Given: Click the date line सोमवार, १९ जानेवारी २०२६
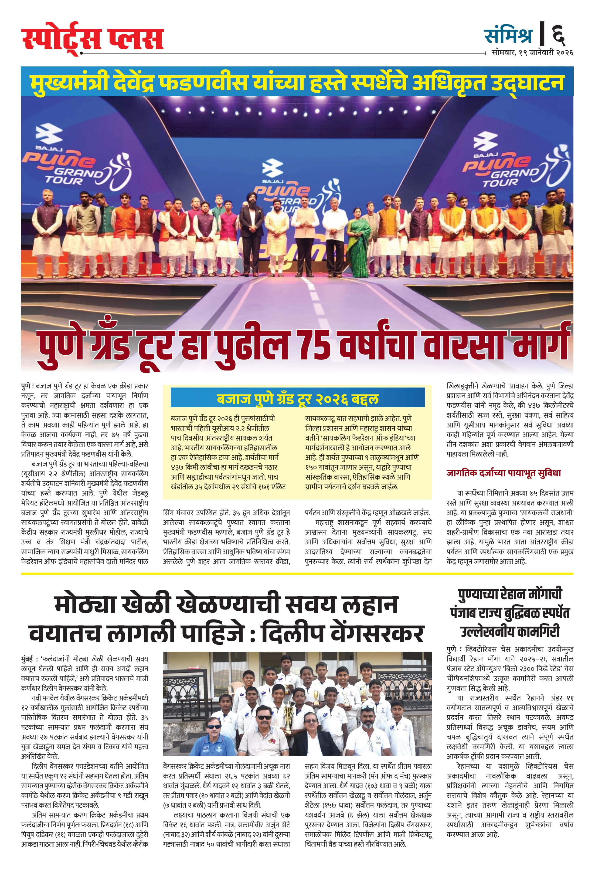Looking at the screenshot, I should click(x=532, y=53).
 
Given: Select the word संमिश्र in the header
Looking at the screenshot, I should click(x=508, y=35).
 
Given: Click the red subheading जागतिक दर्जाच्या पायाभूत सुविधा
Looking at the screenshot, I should click(x=504, y=473).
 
